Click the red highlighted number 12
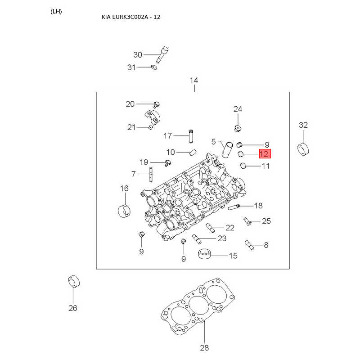(x=265, y=153)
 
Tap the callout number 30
(x=138, y=55)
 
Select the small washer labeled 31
(x=154, y=67)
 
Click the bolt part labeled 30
(x=162, y=54)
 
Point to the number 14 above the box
(x=194, y=81)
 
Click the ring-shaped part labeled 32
(x=303, y=149)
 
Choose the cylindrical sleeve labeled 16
(x=124, y=211)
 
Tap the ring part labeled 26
(x=74, y=281)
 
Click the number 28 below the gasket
(x=204, y=348)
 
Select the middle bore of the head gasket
(x=198, y=306)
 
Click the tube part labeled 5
(x=228, y=150)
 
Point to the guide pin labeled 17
(x=191, y=136)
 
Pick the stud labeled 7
(x=151, y=175)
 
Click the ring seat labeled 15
(x=204, y=254)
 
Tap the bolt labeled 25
(x=247, y=221)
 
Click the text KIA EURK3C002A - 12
(x=131, y=17)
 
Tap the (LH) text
(x=56, y=12)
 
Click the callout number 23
(x=222, y=238)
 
